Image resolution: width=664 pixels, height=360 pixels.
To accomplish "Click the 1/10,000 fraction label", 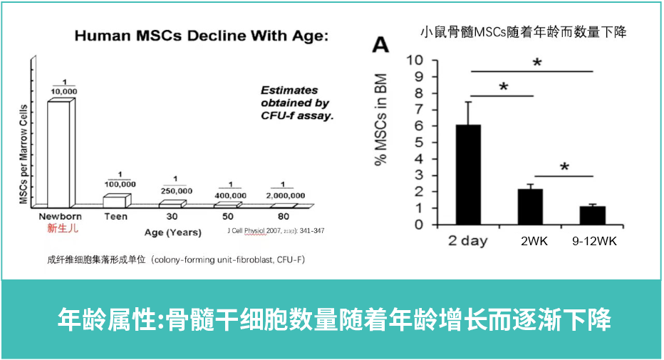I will [x=64, y=86].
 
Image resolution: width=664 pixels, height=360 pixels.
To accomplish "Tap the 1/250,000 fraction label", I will [x=177, y=186].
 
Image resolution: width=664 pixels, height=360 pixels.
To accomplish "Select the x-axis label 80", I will [x=283, y=216].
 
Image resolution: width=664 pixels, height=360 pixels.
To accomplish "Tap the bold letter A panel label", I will [x=382, y=46].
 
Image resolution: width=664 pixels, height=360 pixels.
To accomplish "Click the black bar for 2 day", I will [x=467, y=175].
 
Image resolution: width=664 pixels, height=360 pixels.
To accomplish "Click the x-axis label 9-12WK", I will [x=594, y=241].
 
